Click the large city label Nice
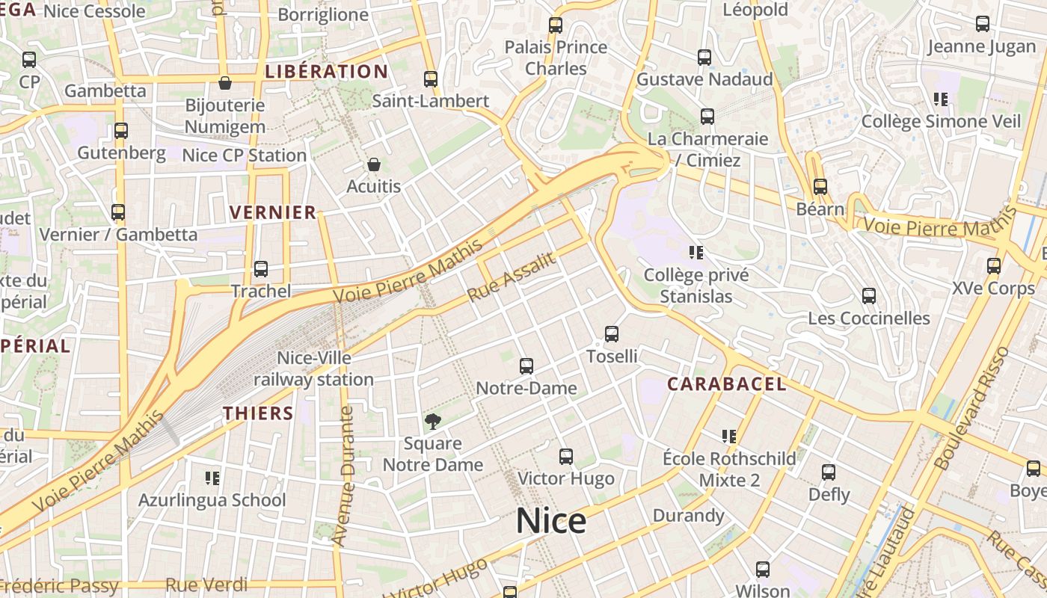point(551,520)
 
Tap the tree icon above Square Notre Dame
point(432,422)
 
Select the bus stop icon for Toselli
point(612,334)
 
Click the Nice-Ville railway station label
point(313,369)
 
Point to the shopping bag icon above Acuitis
point(374,164)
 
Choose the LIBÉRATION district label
point(326,72)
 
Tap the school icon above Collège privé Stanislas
point(696,253)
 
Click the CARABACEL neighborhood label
point(726,384)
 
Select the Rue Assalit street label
point(512,277)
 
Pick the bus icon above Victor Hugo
point(566,457)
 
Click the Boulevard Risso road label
point(972,418)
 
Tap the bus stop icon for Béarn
point(820,187)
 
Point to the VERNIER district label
point(273,212)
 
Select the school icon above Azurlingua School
point(212,478)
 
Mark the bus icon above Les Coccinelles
point(868,296)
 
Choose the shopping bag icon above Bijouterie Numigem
point(224,83)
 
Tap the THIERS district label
point(258,413)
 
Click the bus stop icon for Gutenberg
point(121,131)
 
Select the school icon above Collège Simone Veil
point(941,99)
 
